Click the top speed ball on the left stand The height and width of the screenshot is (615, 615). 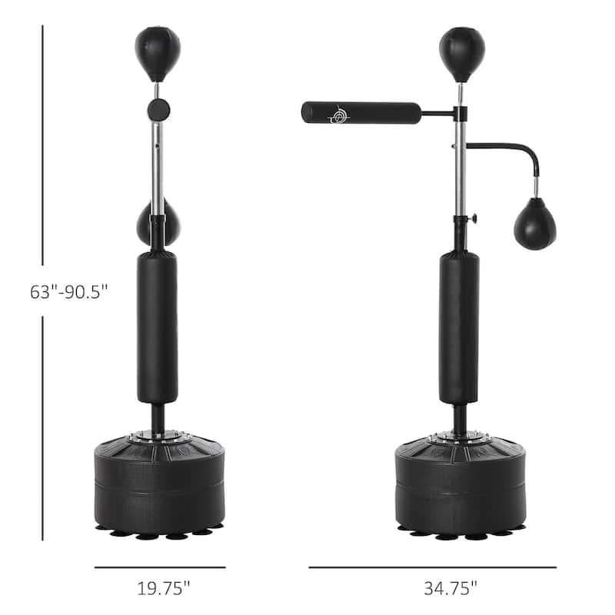(x=158, y=51)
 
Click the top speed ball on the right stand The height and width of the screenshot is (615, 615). (x=461, y=51)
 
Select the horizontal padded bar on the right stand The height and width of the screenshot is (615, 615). (x=361, y=113)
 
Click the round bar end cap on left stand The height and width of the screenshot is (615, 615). (x=159, y=108)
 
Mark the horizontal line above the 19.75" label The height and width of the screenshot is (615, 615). (x=160, y=567)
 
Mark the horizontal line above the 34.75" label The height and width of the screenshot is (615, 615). (x=432, y=567)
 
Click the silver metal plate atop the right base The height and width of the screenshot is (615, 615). (x=459, y=437)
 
